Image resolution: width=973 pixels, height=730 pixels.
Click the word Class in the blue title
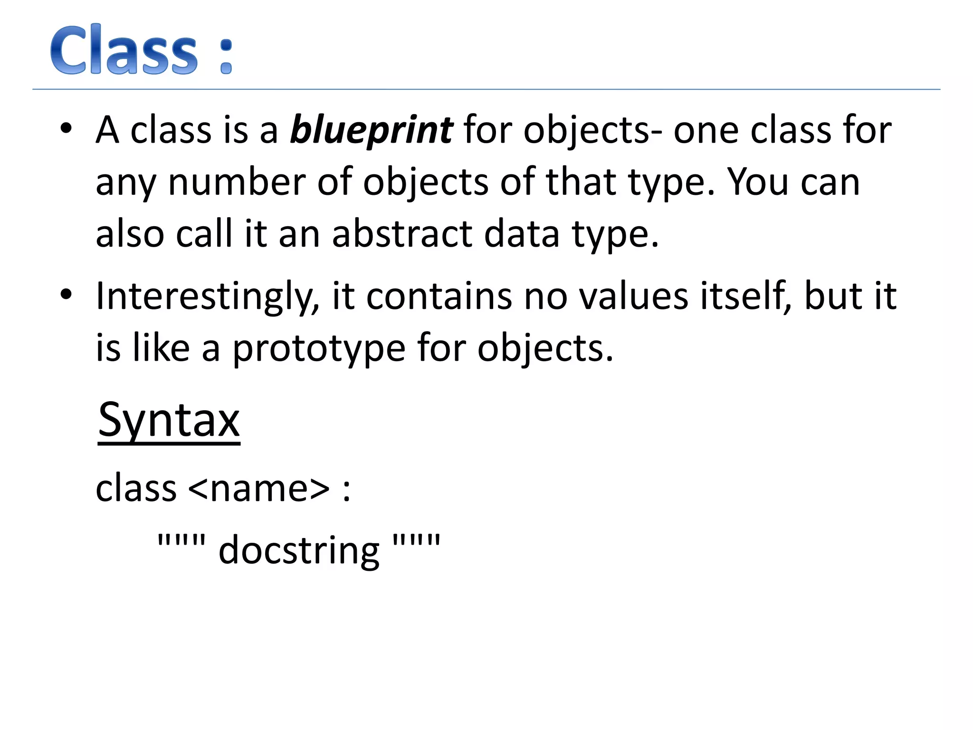click(x=124, y=50)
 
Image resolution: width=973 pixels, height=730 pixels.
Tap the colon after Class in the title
click(x=227, y=57)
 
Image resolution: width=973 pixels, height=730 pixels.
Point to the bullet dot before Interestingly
click(x=66, y=295)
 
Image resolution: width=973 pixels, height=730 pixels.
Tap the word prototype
click(x=319, y=349)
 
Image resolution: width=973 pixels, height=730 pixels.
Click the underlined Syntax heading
click(x=169, y=420)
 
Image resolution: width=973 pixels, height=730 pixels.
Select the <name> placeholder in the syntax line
click(x=259, y=488)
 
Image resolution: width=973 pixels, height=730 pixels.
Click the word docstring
click(x=299, y=551)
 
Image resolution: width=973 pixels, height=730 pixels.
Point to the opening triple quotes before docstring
click(x=181, y=540)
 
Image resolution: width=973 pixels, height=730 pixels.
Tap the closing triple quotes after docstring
click(x=417, y=540)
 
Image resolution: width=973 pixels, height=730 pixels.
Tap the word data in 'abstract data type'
click(x=522, y=234)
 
